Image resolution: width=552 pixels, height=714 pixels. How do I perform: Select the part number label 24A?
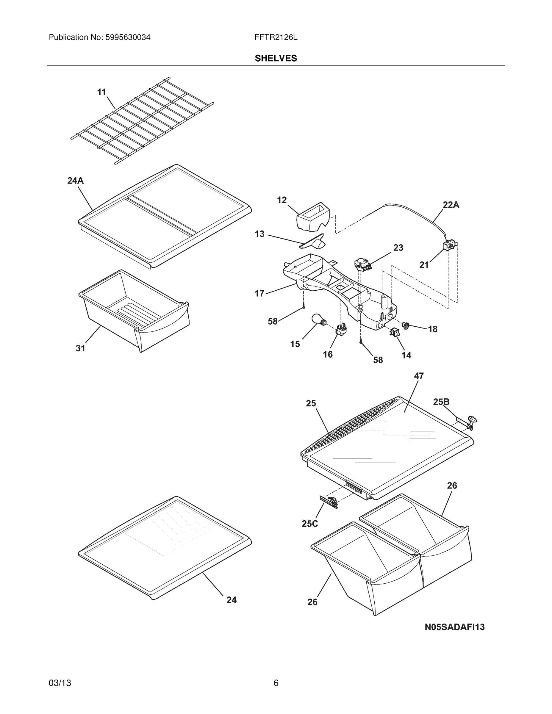(76, 181)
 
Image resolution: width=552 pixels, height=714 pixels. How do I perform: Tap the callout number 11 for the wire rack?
(102, 93)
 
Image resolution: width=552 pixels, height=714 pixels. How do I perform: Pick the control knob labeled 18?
(406, 325)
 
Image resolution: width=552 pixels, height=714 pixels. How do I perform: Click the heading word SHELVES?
(276, 59)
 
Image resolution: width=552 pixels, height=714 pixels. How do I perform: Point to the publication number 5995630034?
(128, 37)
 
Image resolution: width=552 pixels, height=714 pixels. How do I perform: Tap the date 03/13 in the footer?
(60, 683)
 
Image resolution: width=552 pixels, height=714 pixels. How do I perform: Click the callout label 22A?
(451, 205)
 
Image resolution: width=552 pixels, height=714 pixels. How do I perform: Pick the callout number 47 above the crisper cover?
(419, 376)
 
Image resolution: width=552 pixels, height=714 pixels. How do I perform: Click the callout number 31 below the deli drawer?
(80, 348)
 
